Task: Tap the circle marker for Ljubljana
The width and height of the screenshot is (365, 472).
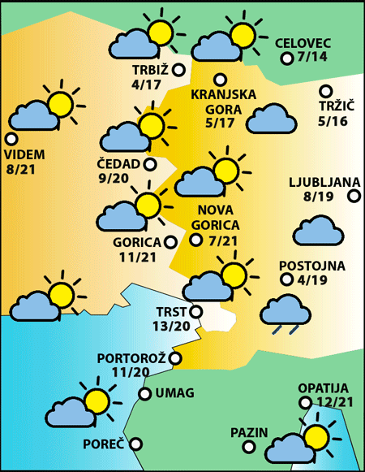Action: (x=354, y=196)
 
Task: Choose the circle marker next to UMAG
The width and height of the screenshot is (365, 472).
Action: (x=145, y=395)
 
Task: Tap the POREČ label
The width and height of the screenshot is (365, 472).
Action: (x=103, y=444)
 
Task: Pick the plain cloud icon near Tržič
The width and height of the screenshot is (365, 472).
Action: (x=271, y=119)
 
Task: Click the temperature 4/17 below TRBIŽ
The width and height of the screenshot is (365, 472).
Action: (x=146, y=83)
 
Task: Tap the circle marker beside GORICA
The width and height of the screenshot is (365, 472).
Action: (x=170, y=241)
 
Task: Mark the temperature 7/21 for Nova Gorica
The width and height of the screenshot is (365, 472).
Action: (x=222, y=240)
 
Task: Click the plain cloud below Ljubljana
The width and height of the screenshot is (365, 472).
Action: (x=320, y=231)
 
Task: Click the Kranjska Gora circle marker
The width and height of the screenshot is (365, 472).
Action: (x=220, y=80)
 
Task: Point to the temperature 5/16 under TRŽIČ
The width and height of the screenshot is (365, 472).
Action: (x=333, y=122)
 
